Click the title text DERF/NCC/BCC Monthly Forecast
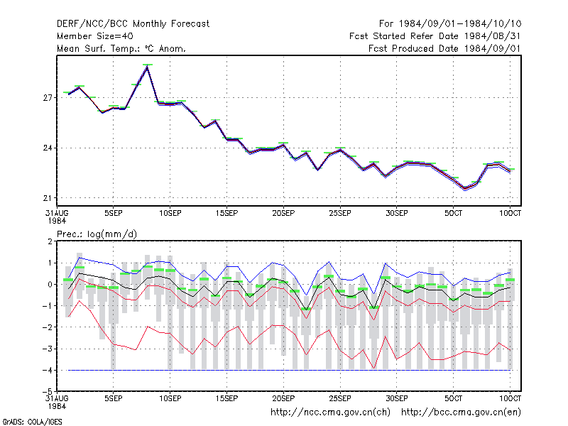coord(133,24)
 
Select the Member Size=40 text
coord(95,36)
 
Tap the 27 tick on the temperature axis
coord(48,98)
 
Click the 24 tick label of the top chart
coord(48,148)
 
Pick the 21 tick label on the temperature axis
coord(48,198)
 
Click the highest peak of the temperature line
coord(147,67)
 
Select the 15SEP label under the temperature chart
coord(226,214)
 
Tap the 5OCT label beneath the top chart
coord(453,214)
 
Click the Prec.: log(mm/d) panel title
coord(97,234)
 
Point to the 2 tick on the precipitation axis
coord(50,241)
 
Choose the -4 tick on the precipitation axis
coord(48,370)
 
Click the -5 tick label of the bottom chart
coord(48,391)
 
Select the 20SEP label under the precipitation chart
coord(283,398)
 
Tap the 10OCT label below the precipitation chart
coord(510,398)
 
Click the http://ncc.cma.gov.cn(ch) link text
coord(330,413)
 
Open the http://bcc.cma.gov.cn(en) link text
coord(461,413)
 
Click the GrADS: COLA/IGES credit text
coord(32,422)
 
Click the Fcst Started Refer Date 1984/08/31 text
coord(435,36)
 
